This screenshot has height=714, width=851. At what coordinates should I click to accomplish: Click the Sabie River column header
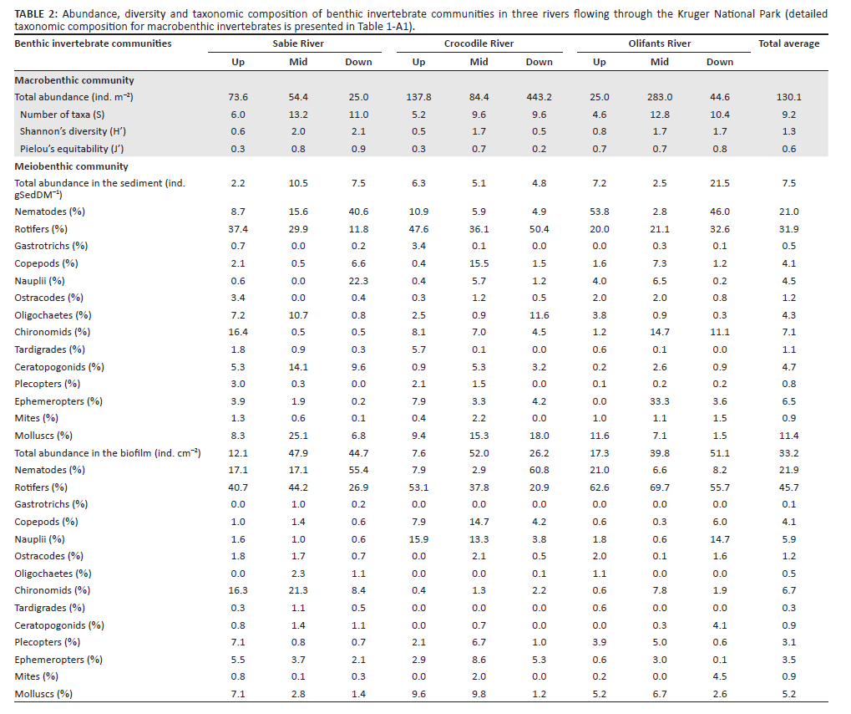(x=298, y=43)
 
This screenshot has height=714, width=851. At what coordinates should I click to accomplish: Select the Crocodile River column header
(x=479, y=43)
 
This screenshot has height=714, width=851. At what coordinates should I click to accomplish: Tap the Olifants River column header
(x=659, y=43)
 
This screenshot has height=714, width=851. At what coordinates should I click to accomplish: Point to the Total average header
(x=788, y=43)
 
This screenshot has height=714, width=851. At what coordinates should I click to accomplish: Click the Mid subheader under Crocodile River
(x=479, y=62)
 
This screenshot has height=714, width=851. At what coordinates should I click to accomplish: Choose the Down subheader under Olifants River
(x=719, y=62)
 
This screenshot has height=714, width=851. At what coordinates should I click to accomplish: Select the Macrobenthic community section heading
(x=74, y=80)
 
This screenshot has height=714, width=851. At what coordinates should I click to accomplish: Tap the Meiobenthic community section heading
(x=72, y=166)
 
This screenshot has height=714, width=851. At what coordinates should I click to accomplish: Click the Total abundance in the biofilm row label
(x=108, y=452)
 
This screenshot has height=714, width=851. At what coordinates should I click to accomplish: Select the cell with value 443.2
(x=539, y=97)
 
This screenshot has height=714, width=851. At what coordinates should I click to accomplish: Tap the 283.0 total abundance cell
(x=659, y=97)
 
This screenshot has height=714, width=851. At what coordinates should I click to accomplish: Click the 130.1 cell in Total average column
(x=788, y=97)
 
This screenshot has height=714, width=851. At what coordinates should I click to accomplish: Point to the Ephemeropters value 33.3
(x=659, y=401)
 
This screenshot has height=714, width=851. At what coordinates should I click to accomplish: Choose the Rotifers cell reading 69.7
(x=659, y=487)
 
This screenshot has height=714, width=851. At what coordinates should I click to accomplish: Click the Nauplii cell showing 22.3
(x=358, y=281)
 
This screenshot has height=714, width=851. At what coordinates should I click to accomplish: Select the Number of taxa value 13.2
(x=298, y=115)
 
